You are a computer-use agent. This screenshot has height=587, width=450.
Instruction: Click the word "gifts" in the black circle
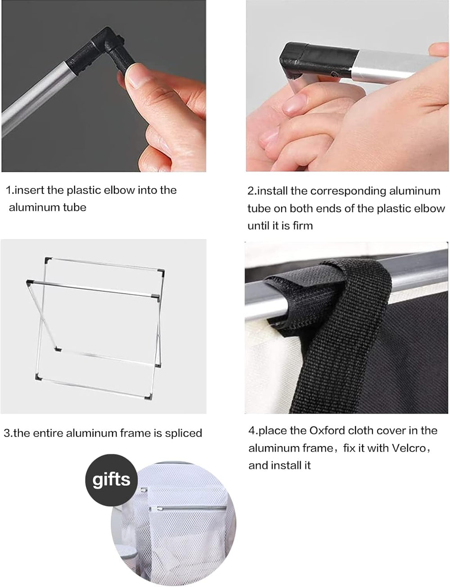click(111, 480)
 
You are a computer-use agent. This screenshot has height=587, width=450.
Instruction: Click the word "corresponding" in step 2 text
click(348, 191)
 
